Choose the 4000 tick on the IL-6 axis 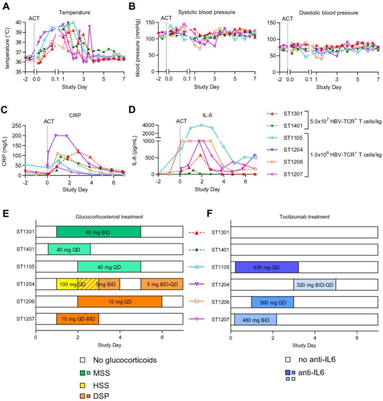(150, 125)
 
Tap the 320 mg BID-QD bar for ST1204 (314, 284)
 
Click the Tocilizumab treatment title (304, 217)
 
